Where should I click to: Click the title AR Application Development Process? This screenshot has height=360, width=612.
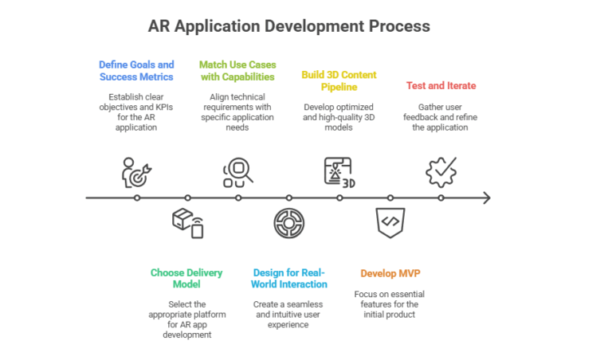coord(289,25)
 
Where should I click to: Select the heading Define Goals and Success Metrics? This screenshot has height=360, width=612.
coord(136,71)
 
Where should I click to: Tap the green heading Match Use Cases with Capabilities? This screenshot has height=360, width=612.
coord(237,71)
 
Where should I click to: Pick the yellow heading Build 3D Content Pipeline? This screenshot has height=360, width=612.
coord(339,80)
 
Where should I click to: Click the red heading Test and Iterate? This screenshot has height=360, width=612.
coord(442,85)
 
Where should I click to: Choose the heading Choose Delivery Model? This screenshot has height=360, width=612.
coord(186,279)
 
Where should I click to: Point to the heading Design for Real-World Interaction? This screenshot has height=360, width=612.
coord(288,279)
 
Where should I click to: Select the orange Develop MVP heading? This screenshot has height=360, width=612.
coord(390,273)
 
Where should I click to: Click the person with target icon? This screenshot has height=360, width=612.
coord(136,172)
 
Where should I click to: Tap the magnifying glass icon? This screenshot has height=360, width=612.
coord(237,172)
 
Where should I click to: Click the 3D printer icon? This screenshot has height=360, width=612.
coord(339,172)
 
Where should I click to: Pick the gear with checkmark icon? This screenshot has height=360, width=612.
coord(441,172)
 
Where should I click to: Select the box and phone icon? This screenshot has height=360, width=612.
coord(187,223)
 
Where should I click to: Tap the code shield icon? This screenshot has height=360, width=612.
coord(390,222)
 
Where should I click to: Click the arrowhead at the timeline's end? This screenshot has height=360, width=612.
coord(487,198)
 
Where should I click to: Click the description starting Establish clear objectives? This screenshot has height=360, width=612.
coord(136,112)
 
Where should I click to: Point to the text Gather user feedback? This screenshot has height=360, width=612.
coord(442,117)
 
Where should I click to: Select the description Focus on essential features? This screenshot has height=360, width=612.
coord(390,305)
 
